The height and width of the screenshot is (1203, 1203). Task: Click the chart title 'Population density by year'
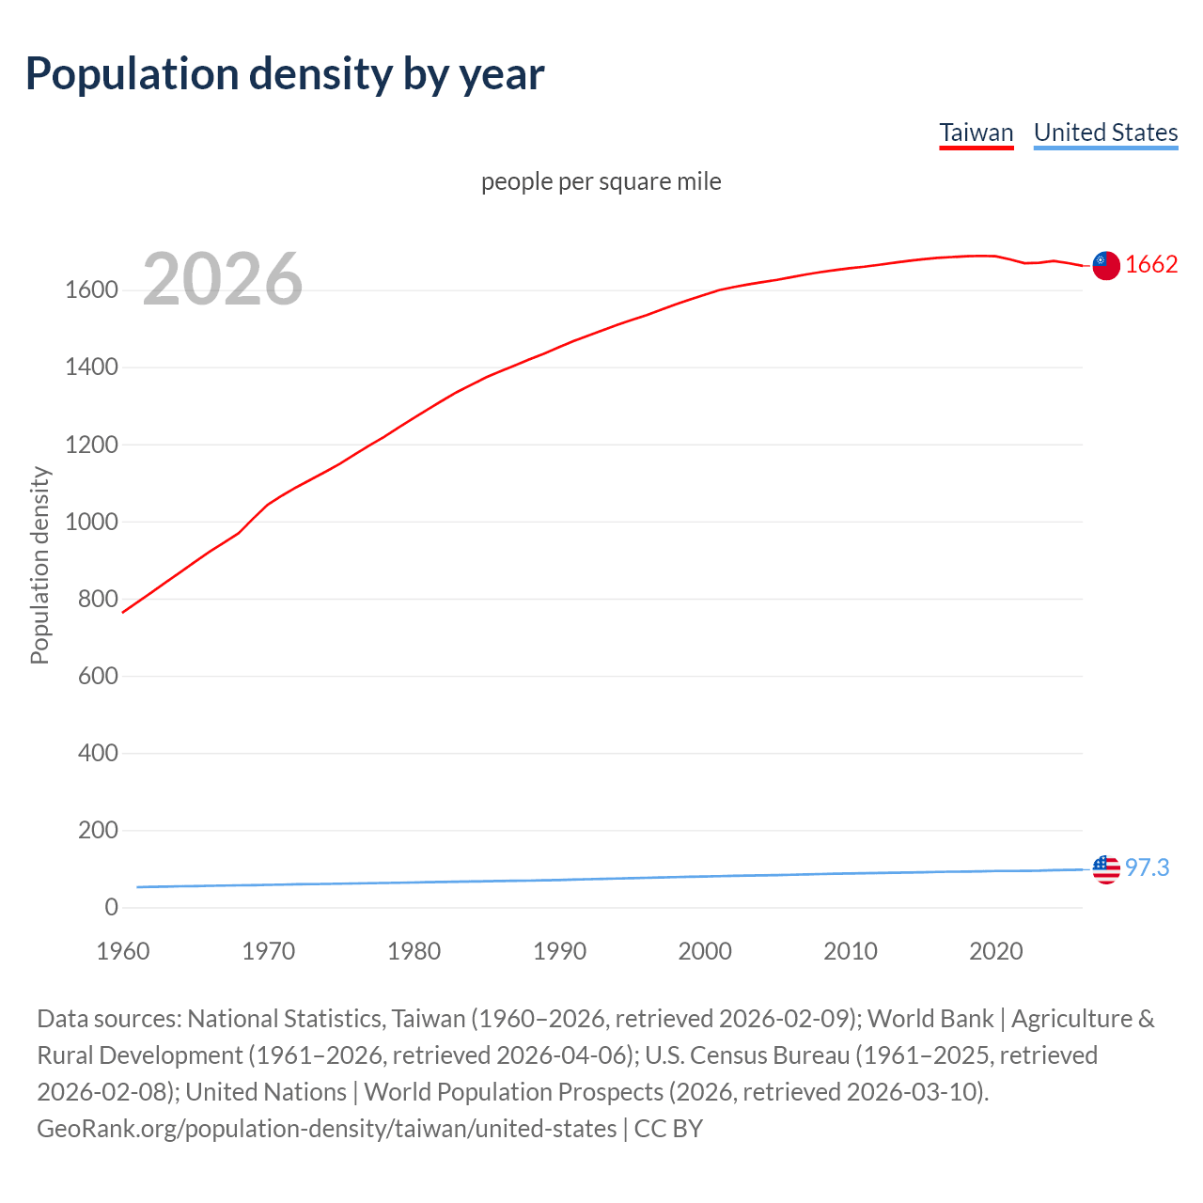coord(285,74)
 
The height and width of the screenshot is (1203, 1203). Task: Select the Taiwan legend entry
coord(976,133)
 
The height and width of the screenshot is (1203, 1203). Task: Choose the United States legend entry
coord(1105,133)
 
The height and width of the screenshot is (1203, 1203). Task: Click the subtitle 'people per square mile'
coord(601,181)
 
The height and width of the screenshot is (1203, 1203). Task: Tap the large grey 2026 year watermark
coord(223,278)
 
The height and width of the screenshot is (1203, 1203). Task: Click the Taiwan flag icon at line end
coord(1106,266)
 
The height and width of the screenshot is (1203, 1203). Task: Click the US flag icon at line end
coord(1106,869)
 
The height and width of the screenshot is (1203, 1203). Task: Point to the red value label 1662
coord(1151,264)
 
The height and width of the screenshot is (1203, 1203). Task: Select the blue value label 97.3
coord(1147,867)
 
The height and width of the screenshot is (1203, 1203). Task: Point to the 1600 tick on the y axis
coord(91,290)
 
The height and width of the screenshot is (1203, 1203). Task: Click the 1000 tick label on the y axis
coord(91,523)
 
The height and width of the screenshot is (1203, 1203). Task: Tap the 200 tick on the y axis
coord(98,831)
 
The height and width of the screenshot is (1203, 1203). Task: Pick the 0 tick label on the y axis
coord(111,908)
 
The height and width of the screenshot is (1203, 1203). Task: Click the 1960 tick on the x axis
coord(123,951)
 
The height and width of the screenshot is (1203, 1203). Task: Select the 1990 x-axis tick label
coord(559,951)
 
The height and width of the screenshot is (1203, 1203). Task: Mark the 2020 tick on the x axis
coord(995,951)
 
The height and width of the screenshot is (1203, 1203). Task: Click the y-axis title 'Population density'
coord(39,565)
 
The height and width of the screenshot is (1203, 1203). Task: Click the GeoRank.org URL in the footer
coord(326,1128)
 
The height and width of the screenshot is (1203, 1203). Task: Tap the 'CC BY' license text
coord(668,1128)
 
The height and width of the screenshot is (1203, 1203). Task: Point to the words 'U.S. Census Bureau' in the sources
coord(747,1055)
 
